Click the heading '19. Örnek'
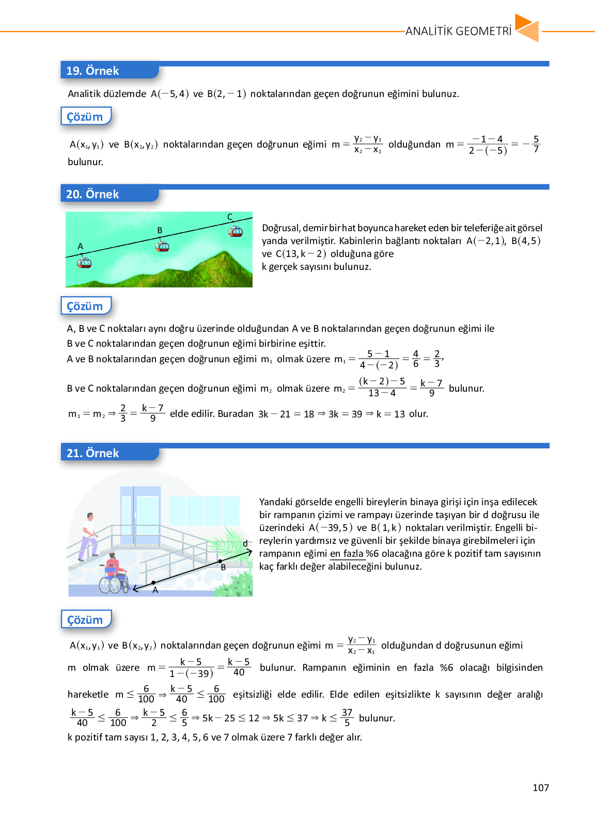coord(92,71)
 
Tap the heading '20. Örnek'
coord(92,194)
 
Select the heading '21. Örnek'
coord(93,453)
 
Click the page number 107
coord(540,787)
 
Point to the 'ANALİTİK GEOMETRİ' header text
coord(458,31)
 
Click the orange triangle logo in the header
coord(527,28)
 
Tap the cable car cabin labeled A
coord(84,263)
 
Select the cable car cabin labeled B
coord(162,246)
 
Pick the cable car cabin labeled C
coord(236,231)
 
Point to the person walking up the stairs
coord(89,537)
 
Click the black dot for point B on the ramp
coord(220,561)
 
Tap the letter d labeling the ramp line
coord(245,543)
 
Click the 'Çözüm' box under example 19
coord(85,117)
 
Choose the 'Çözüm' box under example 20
coord(85,306)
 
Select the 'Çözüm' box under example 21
coord(85,620)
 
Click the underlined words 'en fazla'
coord(347,553)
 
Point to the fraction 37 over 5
coord(347,717)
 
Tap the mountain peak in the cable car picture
coord(225,253)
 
